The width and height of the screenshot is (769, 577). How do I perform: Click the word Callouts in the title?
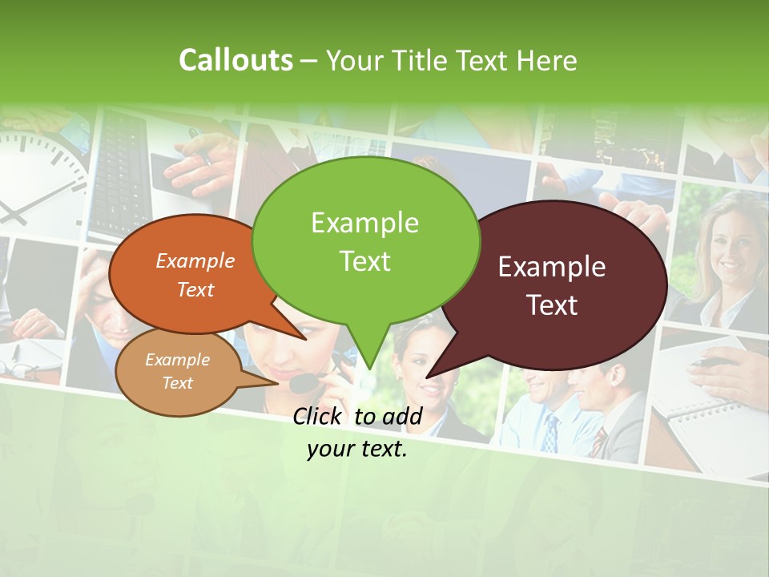pyautogui.click(x=236, y=60)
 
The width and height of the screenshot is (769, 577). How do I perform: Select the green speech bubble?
pyautogui.click(x=365, y=240)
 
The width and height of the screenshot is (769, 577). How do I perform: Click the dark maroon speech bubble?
pyautogui.click(x=553, y=284)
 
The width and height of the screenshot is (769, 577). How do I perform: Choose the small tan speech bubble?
pyautogui.click(x=178, y=373)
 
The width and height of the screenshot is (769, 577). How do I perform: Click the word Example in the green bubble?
pyautogui.click(x=364, y=223)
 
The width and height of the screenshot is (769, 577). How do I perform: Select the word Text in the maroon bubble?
pyautogui.click(x=553, y=305)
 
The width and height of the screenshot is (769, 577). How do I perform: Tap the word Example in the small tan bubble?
pyautogui.click(x=177, y=360)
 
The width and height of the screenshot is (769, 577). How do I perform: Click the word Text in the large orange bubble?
pyautogui.click(x=195, y=289)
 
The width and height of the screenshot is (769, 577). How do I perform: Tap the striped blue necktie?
pyautogui.click(x=550, y=433)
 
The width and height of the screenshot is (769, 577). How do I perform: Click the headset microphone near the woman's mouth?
pyautogui.click(x=303, y=383)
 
